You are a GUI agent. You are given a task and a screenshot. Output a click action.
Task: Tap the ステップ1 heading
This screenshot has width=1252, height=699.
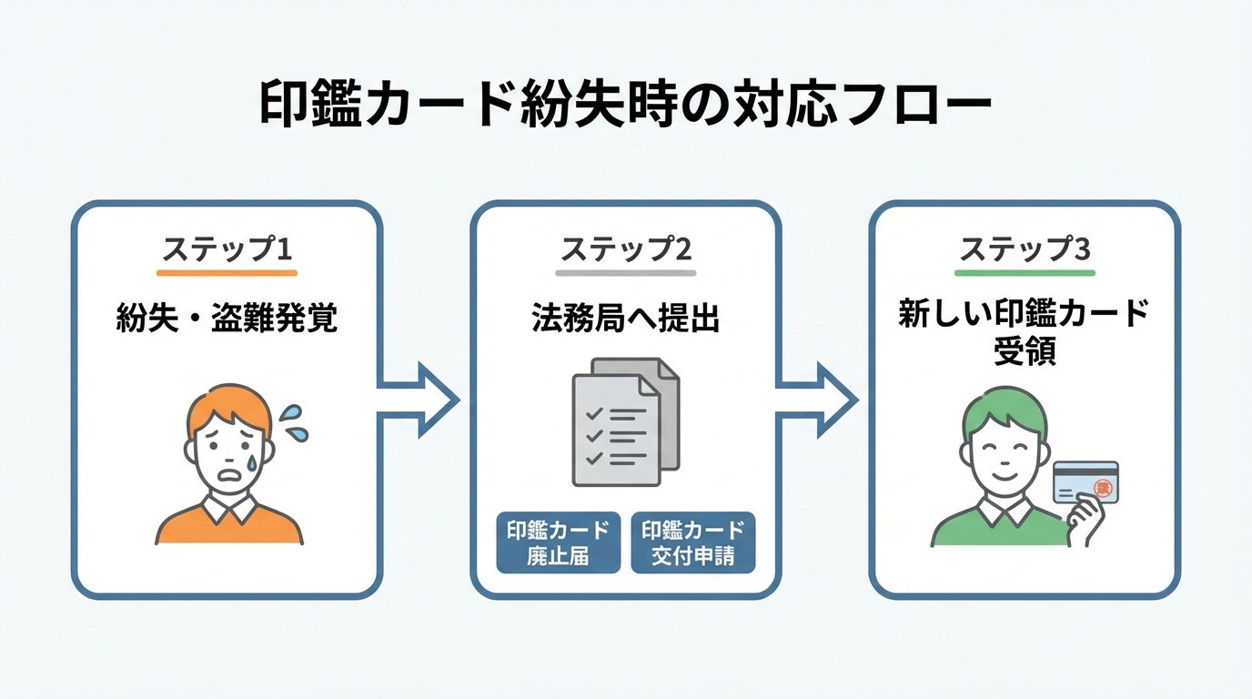pos(227,248)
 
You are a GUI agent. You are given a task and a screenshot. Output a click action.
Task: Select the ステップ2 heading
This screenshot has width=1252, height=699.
pos(625,248)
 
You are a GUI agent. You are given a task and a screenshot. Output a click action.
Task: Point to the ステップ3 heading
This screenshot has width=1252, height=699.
pos(1025,248)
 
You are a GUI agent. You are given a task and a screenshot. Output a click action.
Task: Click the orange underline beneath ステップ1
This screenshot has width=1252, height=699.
pos(227,272)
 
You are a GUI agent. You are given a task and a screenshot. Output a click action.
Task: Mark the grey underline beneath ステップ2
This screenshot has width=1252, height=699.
pos(625,272)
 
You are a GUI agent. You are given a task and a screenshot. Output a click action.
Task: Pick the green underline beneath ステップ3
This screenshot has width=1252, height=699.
pos(1025,272)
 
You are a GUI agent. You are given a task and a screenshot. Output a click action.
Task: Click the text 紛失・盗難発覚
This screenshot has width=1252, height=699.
pos(227,318)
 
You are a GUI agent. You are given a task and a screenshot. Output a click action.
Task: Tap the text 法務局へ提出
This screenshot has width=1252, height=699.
pos(625,318)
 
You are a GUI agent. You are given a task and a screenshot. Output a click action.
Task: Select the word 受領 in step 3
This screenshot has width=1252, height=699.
pos(1025,352)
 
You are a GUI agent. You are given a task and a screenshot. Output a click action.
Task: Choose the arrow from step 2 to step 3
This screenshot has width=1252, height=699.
pos(817,399)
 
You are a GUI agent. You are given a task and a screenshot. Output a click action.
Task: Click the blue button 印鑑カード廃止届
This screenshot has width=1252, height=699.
pos(558,542)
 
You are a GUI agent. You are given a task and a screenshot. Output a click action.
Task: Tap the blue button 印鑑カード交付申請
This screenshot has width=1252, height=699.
pos(692,542)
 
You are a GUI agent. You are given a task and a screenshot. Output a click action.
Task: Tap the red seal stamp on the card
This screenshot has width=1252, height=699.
pos(1104,488)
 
